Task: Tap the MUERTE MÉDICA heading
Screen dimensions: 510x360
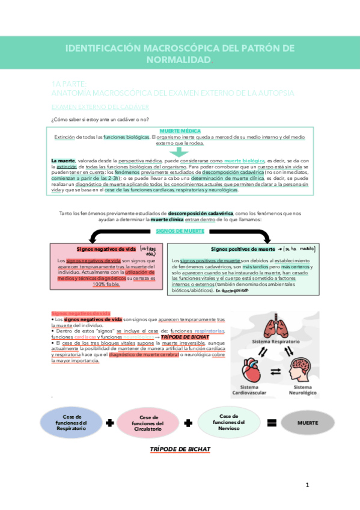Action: tap(180, 131)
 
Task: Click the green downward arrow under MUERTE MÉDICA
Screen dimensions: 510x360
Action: tap(180, 153)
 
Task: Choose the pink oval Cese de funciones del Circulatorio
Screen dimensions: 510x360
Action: tap(148, 423)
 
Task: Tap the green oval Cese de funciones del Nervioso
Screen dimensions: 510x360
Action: tap(229, 421)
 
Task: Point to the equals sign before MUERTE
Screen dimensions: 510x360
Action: tap(271, 423)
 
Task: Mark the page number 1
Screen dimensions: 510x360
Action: tap(307, 485)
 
